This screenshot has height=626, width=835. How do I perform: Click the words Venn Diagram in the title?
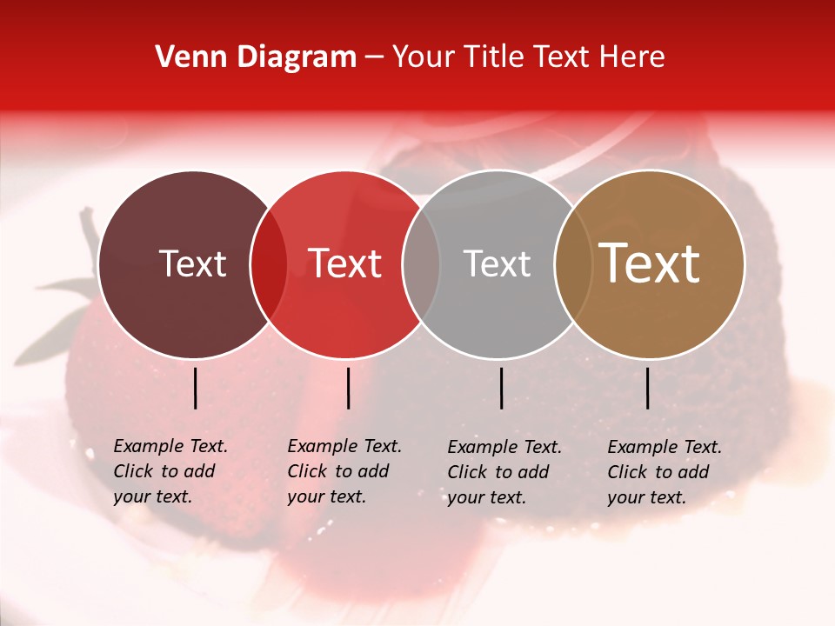click(256, 57)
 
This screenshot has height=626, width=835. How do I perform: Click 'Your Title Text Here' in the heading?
click(528, 57)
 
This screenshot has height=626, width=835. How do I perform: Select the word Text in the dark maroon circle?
click(192, 264)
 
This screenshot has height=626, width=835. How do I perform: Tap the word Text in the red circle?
click(345, 264)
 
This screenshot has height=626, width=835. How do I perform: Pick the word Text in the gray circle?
click(497, 264)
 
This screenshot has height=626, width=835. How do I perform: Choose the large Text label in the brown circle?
click(650, 264)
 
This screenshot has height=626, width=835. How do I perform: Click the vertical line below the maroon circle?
click(195, 388)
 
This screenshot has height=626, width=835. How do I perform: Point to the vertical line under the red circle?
click(348, 388)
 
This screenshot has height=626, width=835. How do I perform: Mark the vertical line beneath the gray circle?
click(502, 388)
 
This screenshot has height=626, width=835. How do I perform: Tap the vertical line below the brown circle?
click(647, 388)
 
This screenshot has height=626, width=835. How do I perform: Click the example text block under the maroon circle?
click(170, 471)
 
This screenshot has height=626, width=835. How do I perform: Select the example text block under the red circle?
click(344, 471)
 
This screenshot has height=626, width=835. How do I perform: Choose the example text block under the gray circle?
click(504, 471)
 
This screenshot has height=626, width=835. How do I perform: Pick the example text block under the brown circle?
click(665, 471)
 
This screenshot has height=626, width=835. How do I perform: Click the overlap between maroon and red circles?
click(269, 264)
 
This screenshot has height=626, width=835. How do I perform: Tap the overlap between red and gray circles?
click(421, 264)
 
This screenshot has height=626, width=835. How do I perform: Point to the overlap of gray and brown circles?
click(572, 264)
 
